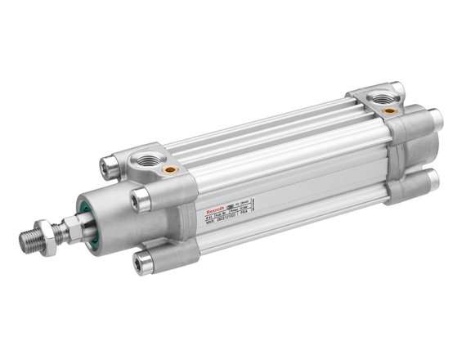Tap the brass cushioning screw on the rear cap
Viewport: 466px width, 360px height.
click(390, 110)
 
